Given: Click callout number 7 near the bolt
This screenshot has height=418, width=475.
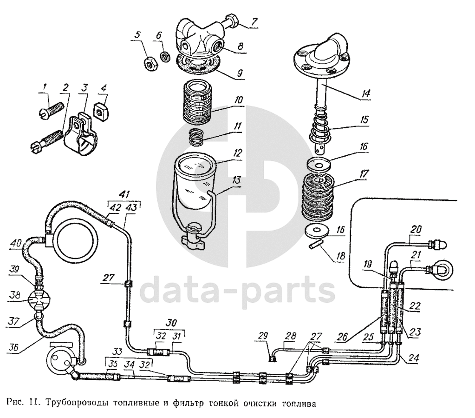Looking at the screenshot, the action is (x=254, y=22).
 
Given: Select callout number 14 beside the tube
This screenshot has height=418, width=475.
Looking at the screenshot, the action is (x=366, y=93).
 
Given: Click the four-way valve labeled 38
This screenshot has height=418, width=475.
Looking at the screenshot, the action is (x=39, y=299).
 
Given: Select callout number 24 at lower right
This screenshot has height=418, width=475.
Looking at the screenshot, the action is (x=413, y=358).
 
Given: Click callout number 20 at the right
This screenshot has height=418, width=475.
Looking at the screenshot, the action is (x=416, y=229).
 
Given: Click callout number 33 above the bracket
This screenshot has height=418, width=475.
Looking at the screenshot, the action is (x=117, y=352).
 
